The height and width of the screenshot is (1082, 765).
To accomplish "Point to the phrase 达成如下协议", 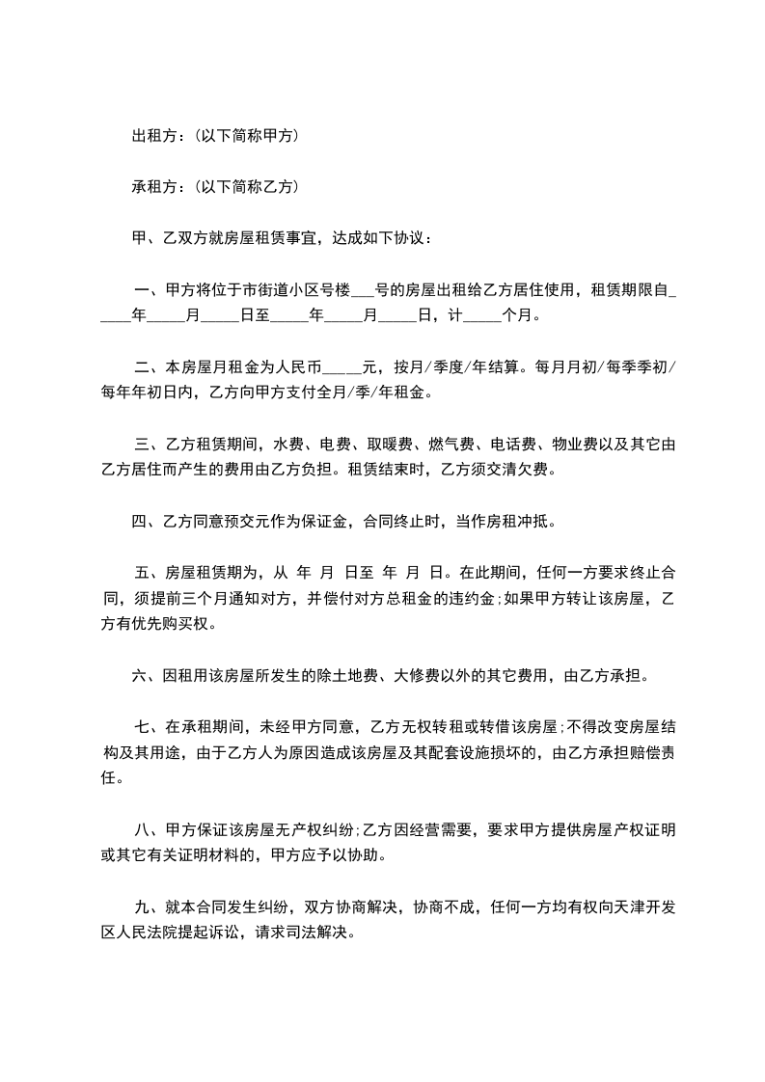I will [381, 237].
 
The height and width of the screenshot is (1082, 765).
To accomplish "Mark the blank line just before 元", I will [338, 368].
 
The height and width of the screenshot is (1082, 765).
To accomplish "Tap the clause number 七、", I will [149, 727].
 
